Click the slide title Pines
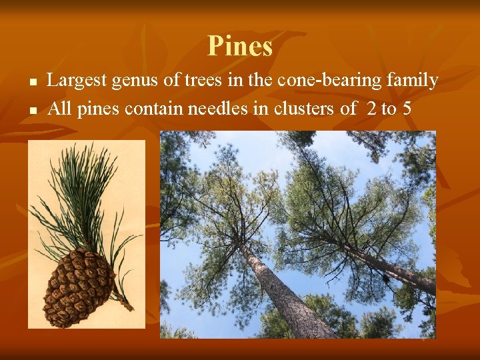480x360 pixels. (240, 47)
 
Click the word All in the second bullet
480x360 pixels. (59, 109)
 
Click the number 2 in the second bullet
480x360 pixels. (371, 109)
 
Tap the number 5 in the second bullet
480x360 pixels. (406, 109)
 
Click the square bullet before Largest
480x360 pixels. (31, 82)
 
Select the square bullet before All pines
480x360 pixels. (31, 109)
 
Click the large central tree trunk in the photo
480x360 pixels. (280, 293)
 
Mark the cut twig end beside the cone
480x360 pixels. (127, 305)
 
